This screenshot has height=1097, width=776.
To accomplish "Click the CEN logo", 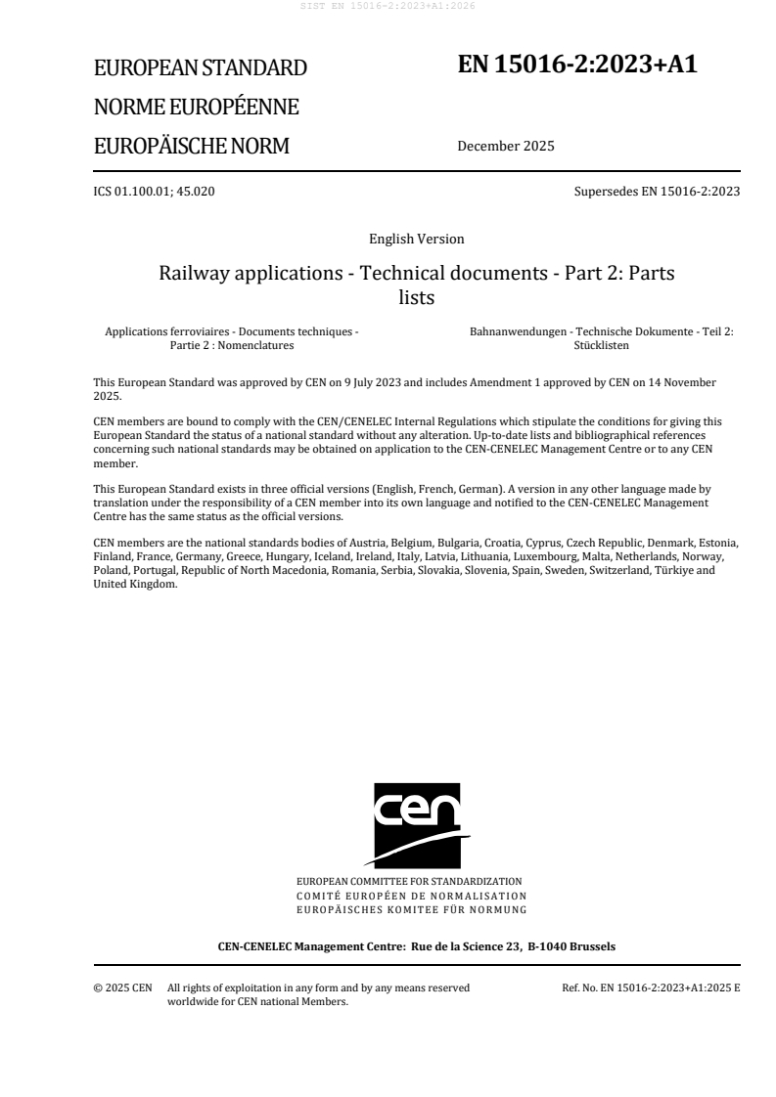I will coord(416,824).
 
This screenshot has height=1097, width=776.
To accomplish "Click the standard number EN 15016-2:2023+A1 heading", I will coord(577,65).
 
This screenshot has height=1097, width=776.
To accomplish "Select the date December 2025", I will coord(505,148).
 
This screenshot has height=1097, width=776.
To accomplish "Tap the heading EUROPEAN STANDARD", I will coord(200,68).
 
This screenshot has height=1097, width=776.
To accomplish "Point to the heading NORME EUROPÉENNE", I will coord(196,108).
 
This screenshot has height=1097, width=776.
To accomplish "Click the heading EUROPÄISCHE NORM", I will coord(191,147).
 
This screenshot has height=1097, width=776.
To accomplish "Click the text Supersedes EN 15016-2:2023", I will coord(657,191).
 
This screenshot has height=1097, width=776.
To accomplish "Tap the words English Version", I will coord(416,239).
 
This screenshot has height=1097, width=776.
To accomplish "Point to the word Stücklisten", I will coord(601,345).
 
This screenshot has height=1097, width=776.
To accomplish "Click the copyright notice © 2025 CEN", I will coord(122,988).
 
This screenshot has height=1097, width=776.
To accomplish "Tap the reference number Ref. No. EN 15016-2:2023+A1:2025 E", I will coord(651,988).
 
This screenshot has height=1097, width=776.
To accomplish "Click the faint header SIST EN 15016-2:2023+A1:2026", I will coord(388,6).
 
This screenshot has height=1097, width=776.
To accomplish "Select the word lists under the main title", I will coord(416,297).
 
